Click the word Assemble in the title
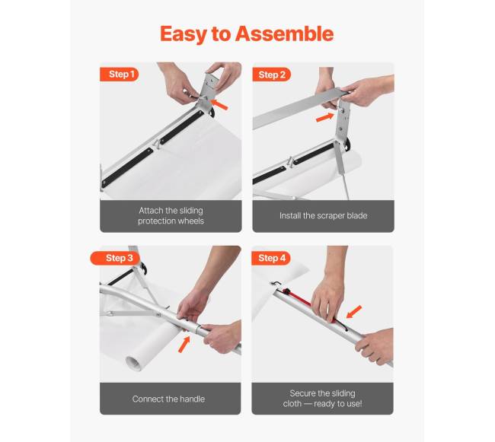[284, 33]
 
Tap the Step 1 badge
[120, 75]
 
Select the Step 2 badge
[272, 75]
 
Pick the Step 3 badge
[116, 258]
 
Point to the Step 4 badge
[271, 258]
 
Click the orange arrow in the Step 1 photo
[219, 105]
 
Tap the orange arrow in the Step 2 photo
[325, 117]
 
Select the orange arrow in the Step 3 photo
[184, 345]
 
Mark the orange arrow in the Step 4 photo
[354, 312]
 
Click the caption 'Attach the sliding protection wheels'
[171, 215]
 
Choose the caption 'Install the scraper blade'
[323, 215]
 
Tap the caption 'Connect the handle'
[168, 399]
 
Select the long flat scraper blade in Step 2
[297, 108]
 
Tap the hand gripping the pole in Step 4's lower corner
[375, 346]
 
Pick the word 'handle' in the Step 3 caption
[191, 399]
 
